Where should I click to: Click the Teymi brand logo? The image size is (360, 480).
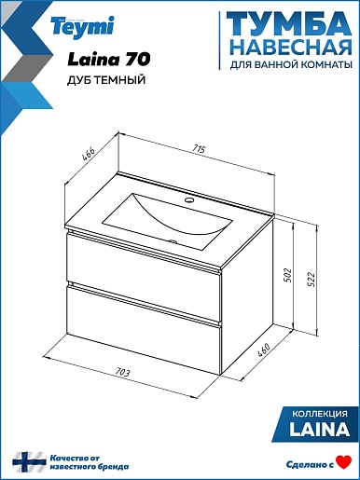pyautogui.click(x=83, y=27)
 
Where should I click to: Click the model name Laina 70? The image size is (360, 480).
pyautogui.click(x=109, y=59)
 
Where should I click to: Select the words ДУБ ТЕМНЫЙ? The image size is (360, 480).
pyautogui.click(x=106, y=80)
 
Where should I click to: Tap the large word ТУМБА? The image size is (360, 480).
pyautogui.click(x=289, y=24)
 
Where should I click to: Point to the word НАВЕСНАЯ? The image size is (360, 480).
pyautogui.click(x=292, y=47)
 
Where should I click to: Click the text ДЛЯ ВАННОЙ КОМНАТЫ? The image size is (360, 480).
pyautogui.click(x=291, y=64)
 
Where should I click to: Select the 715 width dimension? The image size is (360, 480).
pyautogui.click(x=199, y=149)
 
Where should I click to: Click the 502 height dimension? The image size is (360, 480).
pyautogui.click(x=287, y=275)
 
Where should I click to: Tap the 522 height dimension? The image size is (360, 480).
pyautogui.click(x=312, y=280)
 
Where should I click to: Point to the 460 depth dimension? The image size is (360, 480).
pyautogui.click(x=264, y=350)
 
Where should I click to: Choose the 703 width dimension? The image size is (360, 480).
pyautogui.click(x=122, y=372)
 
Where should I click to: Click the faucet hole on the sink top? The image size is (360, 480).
pyautogui.click(x=189, y=199)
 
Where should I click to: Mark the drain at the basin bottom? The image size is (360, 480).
pyautogui.click(x=172, y=240)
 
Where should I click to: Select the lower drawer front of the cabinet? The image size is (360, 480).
pyautogui.click(x=144, y=330)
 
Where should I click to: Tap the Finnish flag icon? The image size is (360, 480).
pyautogui.click(x=29, y=462)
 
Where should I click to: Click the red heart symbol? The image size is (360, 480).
pyautogui.click(x=344, y=462)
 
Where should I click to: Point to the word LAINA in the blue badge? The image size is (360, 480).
pyautogui.click(x=319, y=430)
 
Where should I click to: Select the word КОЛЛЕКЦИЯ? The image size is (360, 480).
pyautogui.click(x=320, y=414)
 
